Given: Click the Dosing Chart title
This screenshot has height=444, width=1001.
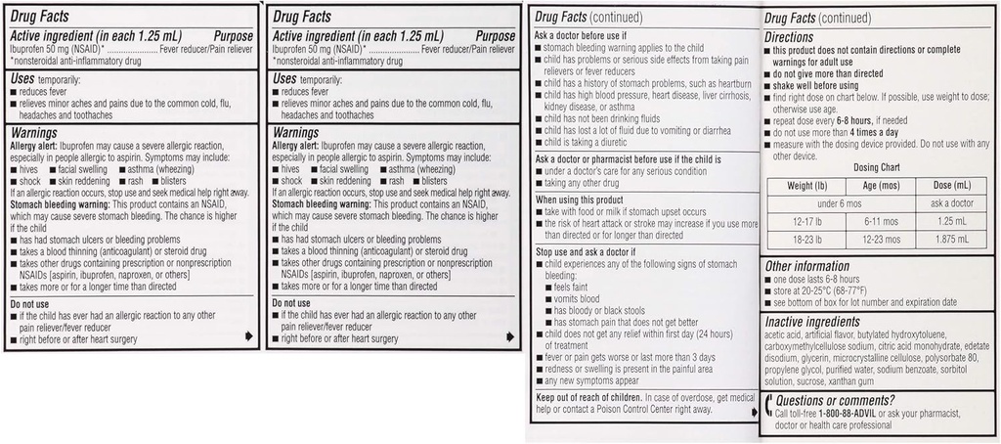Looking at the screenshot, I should pyautogui.click(x=877, y=167).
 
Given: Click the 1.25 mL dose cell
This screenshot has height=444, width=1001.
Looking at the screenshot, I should pyautogui.click(x=951, y=222).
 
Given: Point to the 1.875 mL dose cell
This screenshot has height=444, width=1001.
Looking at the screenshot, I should pyautogui.click(x=951, y=240).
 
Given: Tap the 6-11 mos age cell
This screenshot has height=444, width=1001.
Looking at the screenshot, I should pyautogui.click(x=877, y=222).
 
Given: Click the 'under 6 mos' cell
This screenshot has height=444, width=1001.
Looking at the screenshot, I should pyautogui.click(x=841, y=203).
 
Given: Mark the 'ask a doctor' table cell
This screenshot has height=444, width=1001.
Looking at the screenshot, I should pyautogui.click(x=951, y=203).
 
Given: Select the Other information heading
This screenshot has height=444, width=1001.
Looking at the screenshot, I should pyautogui.click(x=806, y=265).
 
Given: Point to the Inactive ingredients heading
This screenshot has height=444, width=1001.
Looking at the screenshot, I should pyautogui.click(x=812, y=321).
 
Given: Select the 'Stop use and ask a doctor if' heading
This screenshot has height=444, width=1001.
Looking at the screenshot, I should pyautogui.click(x=587, y=252).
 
